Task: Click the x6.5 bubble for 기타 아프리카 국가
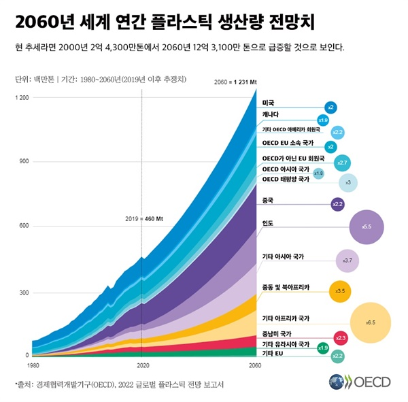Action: pos(370,322)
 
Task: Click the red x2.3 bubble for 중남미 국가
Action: pos(341,337)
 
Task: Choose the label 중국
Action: pos(268,201)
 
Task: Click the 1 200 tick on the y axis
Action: pos(22,98)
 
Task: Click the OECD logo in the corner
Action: pos(360,381)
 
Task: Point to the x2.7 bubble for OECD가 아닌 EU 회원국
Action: pos(342,163)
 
